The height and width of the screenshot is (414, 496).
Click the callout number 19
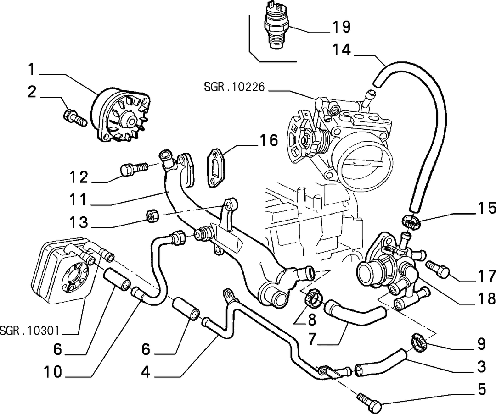[341, 27]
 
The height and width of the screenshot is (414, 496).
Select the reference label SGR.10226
[234, 87]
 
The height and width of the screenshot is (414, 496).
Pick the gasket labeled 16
[216, 168]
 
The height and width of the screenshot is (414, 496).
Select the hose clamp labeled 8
[313, 298]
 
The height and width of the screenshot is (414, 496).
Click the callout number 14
[342, 50]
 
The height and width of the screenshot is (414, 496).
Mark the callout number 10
[53, 372]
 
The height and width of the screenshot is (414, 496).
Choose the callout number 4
[145, 372]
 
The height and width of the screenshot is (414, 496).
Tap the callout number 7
[312, 339]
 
